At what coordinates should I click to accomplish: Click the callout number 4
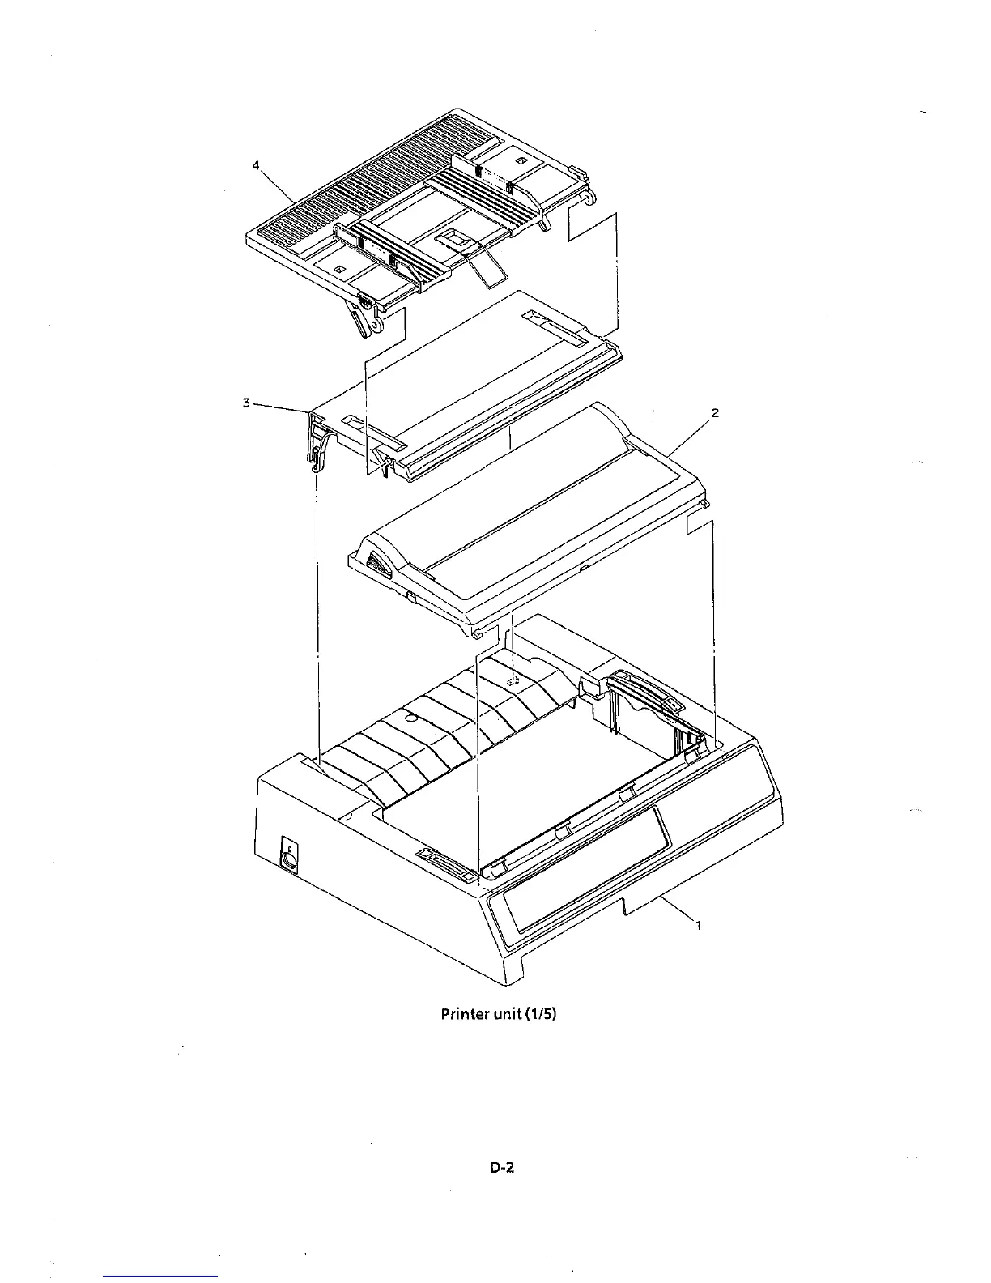[x=256, y=165]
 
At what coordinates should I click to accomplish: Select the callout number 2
[x=715, y=413]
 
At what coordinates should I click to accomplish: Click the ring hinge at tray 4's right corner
[x=591, y=195]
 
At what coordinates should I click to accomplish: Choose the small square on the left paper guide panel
[x=340, y=268]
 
